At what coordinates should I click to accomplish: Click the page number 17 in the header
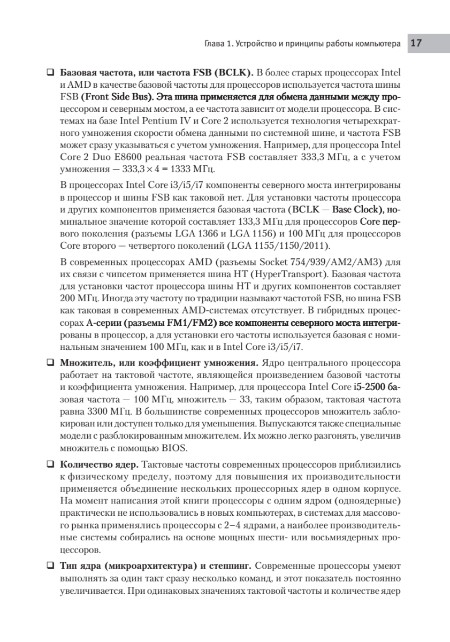[417, 44]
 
